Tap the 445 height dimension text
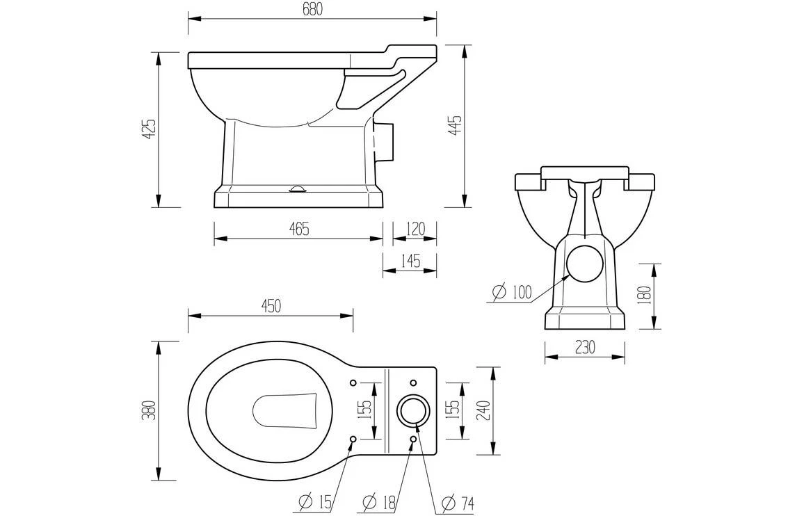(x=455, y=125)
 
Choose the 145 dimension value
(x=410, y=261)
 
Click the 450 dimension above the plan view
(x=270, y=305)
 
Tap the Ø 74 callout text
(x=458, y=501)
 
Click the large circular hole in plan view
(x=413, y=410)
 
